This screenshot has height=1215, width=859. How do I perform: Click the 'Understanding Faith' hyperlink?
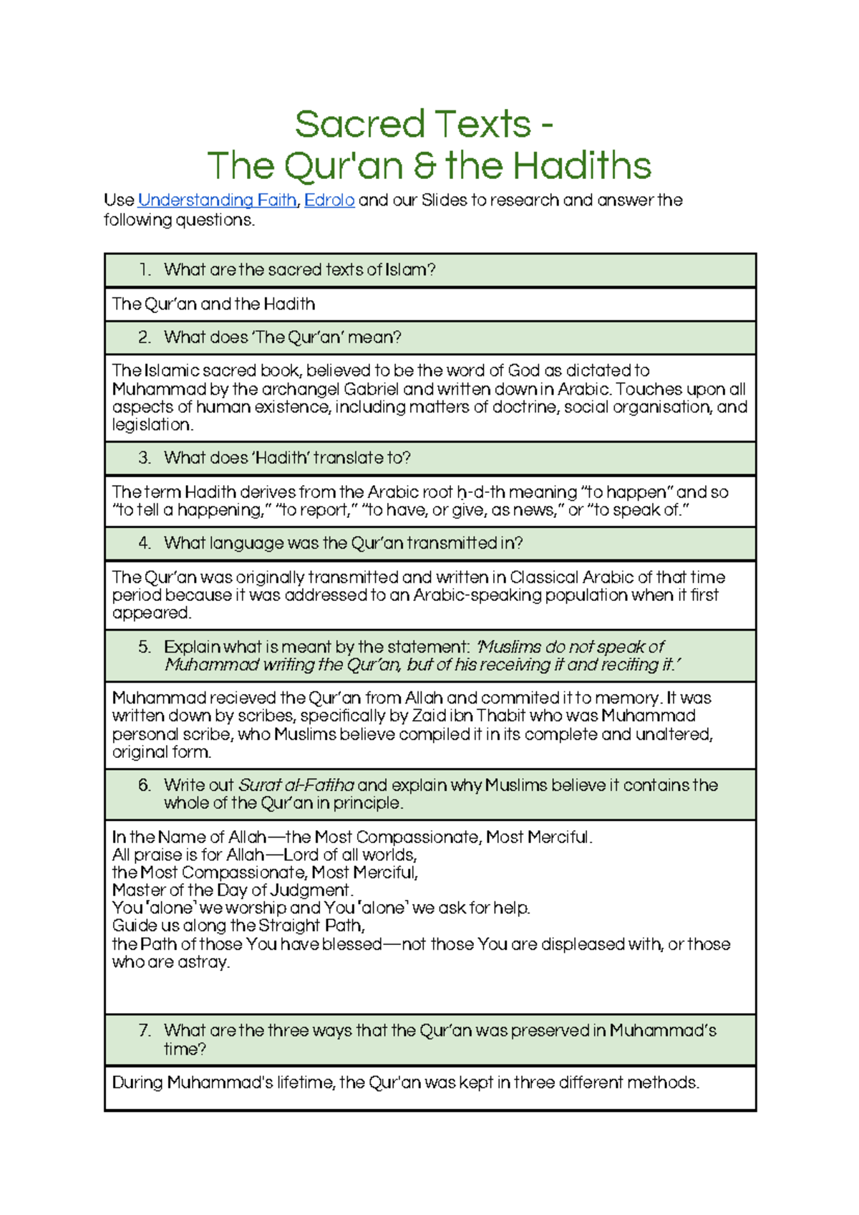[x=217, y=201]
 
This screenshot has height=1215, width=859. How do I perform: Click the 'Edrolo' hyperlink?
[x=329, y=201]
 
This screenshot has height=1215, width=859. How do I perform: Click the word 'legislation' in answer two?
[x=152, y=425]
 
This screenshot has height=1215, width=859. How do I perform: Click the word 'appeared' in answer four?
[x=151, y=613]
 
